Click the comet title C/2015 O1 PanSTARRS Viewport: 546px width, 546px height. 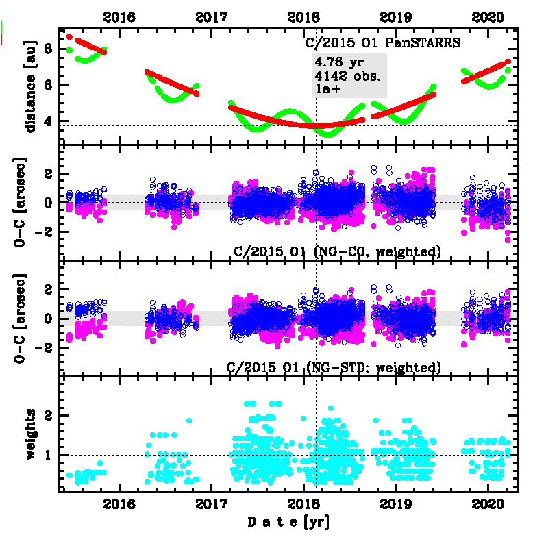pyautogui.click(x=382, y=42)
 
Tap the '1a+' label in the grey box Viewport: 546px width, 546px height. pyautogui.click(x=327, y=89)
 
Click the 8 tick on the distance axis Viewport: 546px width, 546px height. pyautogui.click(x=48, y=49)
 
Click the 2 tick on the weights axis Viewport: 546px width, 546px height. pyautogui.click(x=48, y=416)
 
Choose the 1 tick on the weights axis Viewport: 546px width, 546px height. pyautogui.click(x=48, y=455)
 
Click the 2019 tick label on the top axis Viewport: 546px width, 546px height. pyautogui.click(x=395, y=16)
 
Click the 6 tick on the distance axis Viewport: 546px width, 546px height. pyautogui.click(x=48, y=85)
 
